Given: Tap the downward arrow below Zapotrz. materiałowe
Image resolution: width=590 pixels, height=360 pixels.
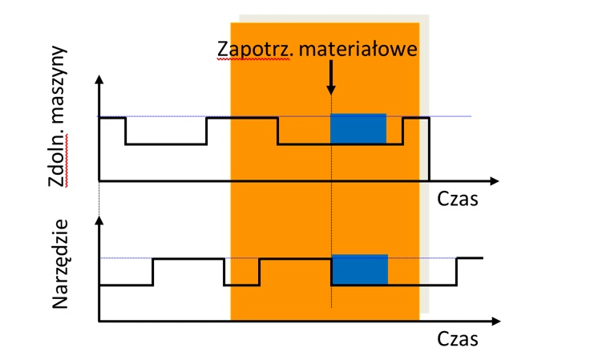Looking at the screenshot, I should click(x=331, y=80).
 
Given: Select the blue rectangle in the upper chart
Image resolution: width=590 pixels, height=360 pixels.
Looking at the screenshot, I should click(x=358, y=129).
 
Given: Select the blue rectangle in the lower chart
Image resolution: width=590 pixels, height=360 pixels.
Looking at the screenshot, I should click(x=359, y=270).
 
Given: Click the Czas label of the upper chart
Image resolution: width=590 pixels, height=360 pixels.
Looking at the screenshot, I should click(x=459, y=199).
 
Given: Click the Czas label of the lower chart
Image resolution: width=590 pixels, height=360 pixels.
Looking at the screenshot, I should click(x=459, y=338).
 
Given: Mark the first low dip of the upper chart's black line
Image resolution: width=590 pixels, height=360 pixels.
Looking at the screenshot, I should click(x=166, y=144).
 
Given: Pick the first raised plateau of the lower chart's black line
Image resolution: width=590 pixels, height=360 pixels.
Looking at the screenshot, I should click(x=188, y=259).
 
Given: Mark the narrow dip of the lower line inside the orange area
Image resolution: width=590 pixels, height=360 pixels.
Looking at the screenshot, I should click(x=241, y=285).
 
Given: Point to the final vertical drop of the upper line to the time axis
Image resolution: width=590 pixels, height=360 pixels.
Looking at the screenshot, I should click(x=429, y=149).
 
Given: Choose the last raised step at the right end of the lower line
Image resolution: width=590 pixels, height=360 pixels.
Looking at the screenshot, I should click(x=470, y=258).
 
